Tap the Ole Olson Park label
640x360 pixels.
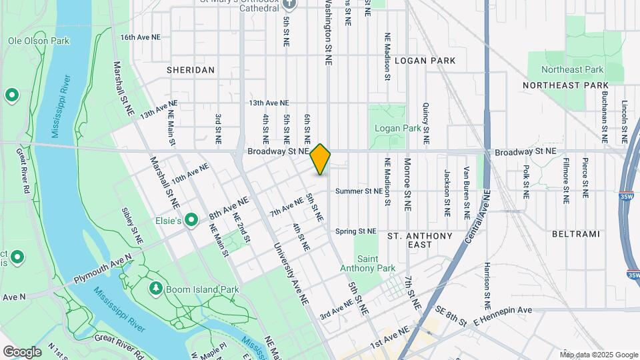click(39, 41)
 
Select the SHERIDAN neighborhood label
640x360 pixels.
click(191, 70)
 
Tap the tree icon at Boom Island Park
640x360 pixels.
click(156, 288)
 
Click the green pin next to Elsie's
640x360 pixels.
click(191, 219)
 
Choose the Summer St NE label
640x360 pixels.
click(359, 191)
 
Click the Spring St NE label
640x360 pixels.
click(356, 231)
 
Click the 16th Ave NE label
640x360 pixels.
click(140, 37)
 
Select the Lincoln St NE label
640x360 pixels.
click(625, 123)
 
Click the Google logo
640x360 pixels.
click(22, 351)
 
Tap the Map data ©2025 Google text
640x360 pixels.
click(598, 355)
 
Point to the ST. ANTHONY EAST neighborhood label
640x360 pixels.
click(420, 240)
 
